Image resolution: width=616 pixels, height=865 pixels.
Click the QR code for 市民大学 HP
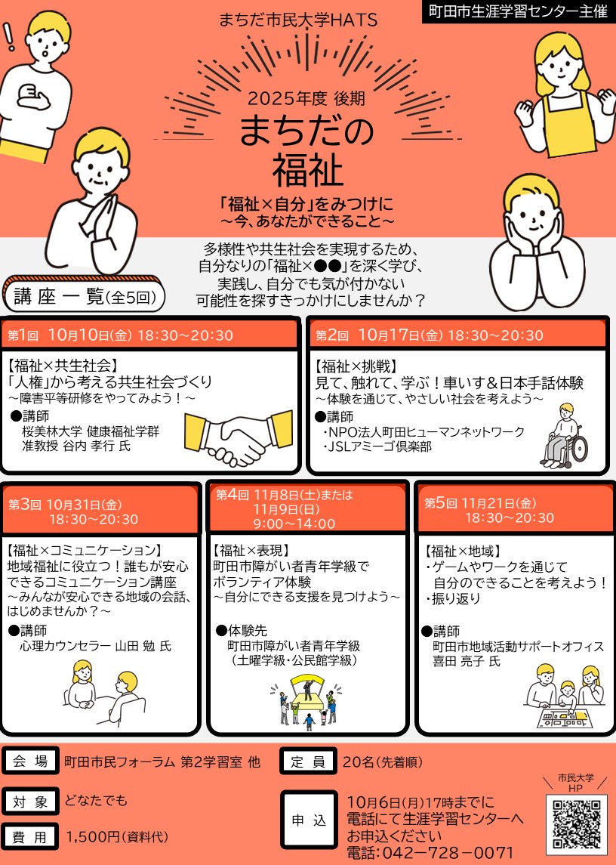(x=576, y=822)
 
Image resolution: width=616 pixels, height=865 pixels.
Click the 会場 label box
(x=30, y=762)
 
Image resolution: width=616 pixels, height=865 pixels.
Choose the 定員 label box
(x=308, y=762)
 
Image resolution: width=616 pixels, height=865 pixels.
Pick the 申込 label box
(x=309, y=820)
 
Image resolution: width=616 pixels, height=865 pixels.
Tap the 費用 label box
(x=30, y=837)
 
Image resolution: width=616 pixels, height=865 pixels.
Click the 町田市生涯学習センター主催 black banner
(x=518, y=11)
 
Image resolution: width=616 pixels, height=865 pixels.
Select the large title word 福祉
(x=308, y=171)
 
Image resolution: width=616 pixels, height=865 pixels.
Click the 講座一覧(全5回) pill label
(x=85, y=297)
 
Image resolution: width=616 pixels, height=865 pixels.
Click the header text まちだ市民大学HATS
(x=298, y=20)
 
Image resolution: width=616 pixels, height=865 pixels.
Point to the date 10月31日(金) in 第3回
(x=84, y=504)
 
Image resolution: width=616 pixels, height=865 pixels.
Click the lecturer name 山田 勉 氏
(x=143, y=646)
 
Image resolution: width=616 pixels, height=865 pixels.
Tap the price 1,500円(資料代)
(x=117, y=837)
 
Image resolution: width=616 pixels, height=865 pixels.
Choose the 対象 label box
(x=30, y=802)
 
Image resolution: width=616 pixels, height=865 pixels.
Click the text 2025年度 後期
(x=306, y=98)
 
